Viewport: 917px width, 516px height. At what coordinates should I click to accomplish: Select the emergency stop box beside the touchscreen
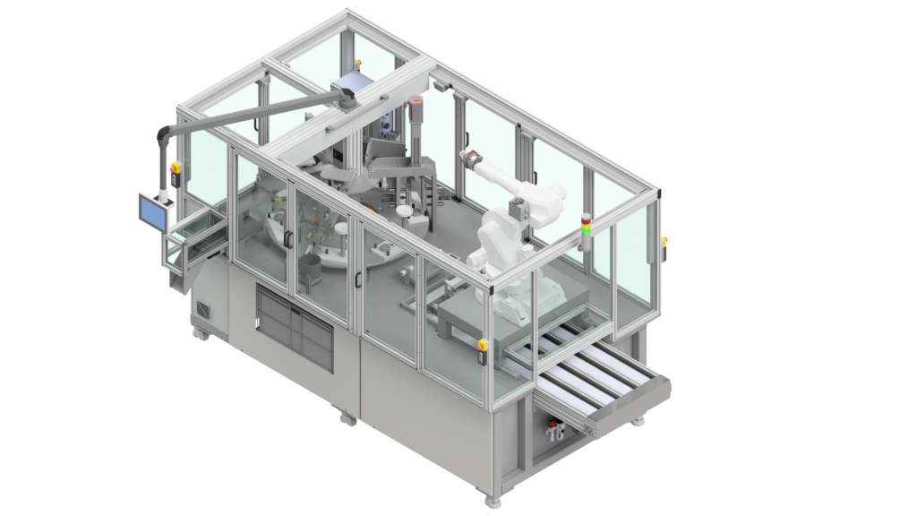[x=176, y=176]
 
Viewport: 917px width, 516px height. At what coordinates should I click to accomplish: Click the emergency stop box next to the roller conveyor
[x=483, y=352]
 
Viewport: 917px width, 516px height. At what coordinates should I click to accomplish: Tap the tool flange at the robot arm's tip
[x=467, y=159]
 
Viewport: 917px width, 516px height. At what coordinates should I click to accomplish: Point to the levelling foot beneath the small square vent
[x=202, y=334]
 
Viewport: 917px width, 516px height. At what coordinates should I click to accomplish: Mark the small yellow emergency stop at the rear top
[x=358, y=64]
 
